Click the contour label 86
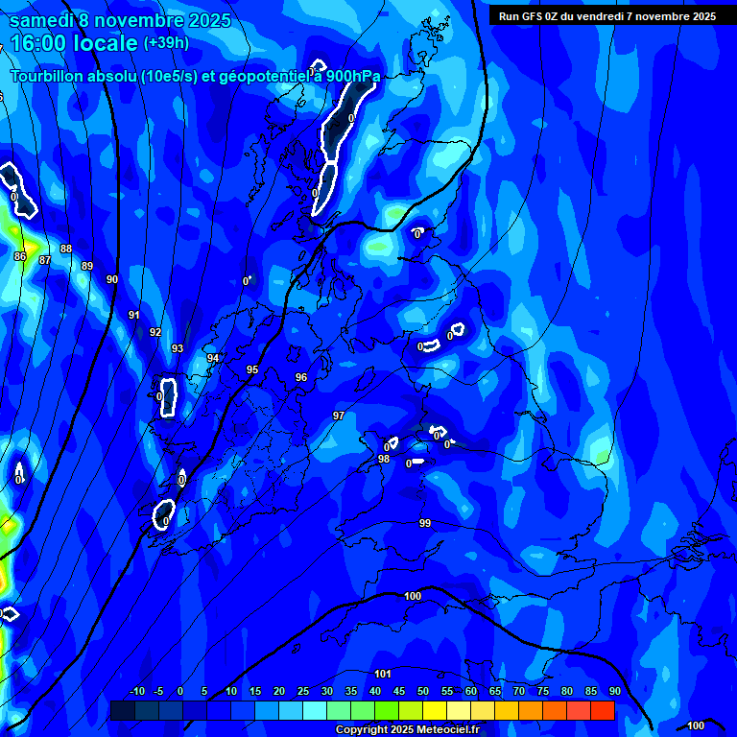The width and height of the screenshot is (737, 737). tap(20, 257)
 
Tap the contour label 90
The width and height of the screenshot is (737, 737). tap(112, 279)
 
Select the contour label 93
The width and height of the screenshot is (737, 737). tap(178, 348)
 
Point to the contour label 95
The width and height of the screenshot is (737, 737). tap(252, 369)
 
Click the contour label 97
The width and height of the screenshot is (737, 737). tap(338, 416)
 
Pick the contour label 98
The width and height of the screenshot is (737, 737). tap(384, 459)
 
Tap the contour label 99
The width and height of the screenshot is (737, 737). tap(425, 523)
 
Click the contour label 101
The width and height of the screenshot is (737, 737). tap(383, 674)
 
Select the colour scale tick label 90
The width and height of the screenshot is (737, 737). tap(614, 692)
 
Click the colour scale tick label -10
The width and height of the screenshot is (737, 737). tap(136, 692)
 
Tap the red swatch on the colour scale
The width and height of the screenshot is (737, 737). tap(603, 710)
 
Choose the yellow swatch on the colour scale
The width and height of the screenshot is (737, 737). tap(435, 710)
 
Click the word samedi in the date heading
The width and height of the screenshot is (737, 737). tap(44, 20)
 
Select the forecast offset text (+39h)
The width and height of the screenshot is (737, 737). tap(165, 43)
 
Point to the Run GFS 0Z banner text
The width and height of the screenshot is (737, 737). tap(606, 16)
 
